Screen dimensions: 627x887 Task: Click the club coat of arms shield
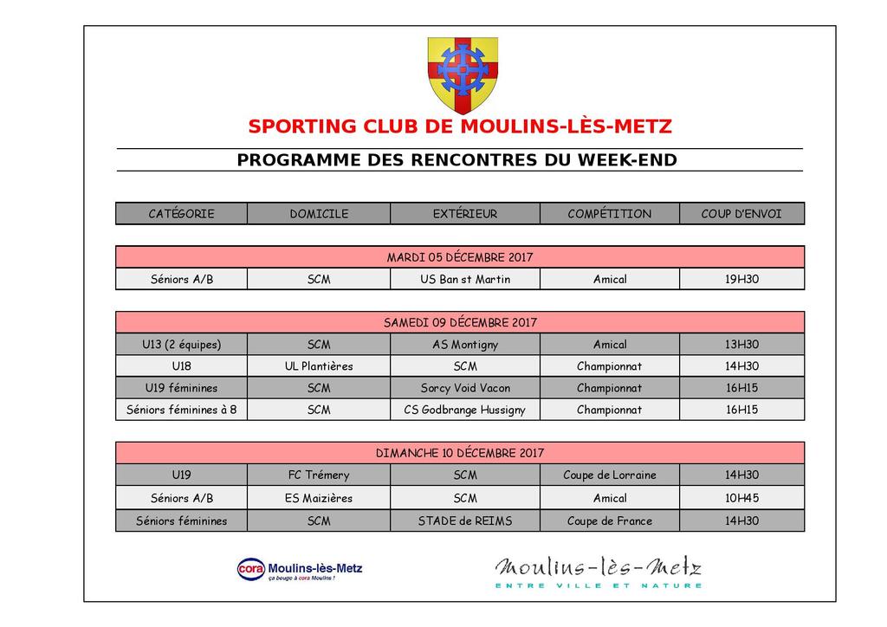pos(463,74)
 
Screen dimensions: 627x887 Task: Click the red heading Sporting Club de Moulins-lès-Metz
pos(459,126)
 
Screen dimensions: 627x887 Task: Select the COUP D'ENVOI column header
pos(741,214)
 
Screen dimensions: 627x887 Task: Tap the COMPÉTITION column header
pos(609,214)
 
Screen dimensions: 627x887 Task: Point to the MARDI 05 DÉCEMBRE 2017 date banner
pos(460,257)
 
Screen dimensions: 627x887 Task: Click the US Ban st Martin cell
pos(465,279)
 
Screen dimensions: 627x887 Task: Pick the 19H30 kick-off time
pos(741,279)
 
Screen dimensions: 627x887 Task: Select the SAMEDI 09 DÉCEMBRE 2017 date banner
pos(460,322)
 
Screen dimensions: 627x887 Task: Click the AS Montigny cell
pos(465,345)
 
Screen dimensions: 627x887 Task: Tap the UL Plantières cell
pos(319,366)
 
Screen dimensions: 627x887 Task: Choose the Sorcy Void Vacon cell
pos(465,388)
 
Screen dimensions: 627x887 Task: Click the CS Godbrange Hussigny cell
pos(465,410)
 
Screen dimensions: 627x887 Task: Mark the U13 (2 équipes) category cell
pos(182,345)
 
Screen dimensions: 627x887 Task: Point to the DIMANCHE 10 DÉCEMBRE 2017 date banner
pos(460,453)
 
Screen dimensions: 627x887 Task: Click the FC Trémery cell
pos(319,475)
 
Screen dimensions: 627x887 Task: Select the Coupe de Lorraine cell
pos(609,475)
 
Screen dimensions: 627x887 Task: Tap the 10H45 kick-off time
pos(741,498)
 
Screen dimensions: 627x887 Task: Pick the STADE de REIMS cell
pos(465,520)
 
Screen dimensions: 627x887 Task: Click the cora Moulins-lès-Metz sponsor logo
pos(300,570)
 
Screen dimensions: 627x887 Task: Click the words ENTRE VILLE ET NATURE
pos(599,586)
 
